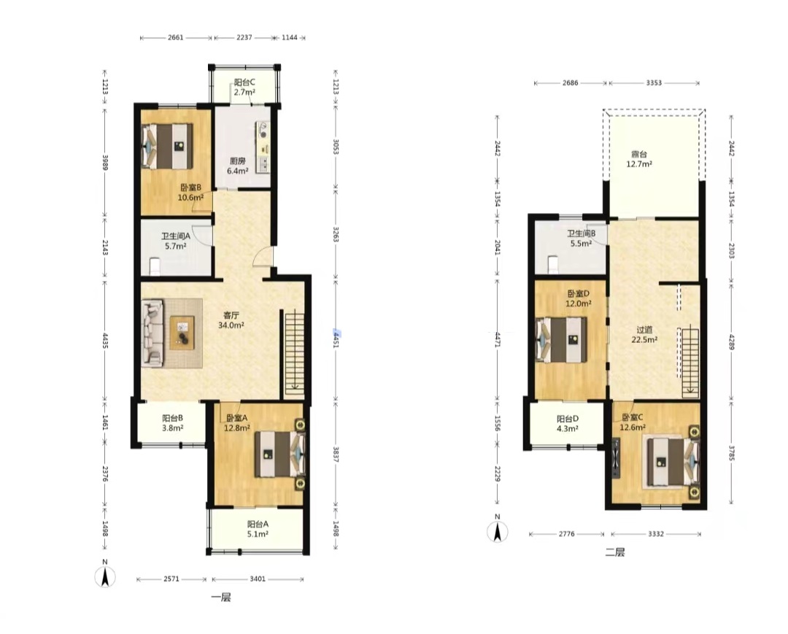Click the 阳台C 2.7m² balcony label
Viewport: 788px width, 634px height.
coord(244,87)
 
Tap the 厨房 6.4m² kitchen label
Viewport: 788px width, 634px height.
coord(238,166)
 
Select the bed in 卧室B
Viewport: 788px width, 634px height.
coord(168,146)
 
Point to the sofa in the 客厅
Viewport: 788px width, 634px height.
coord(152,331)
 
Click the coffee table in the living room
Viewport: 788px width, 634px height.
coord(182,333)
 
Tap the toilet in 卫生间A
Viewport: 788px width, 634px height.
coord(155,266)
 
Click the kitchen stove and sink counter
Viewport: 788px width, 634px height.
coord(263,147)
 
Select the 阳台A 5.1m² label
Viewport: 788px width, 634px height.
coord(258,529)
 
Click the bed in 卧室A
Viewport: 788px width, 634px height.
coord(280,454)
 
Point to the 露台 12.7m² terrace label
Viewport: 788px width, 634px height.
coord(639,159)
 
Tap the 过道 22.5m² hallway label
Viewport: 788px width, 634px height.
coord(644,335)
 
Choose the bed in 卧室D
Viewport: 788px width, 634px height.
coord(561,339)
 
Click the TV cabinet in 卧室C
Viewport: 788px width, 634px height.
coord(616,458)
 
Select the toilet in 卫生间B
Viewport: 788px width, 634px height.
coord(553,264)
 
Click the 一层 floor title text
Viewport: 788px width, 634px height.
coord(220,598)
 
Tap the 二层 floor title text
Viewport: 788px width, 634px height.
coord(614,552)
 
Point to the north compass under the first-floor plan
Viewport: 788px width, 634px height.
coord(105,576)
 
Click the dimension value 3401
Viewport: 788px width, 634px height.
coord(258,579)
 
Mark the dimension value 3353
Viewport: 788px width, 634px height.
coord(653,83)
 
